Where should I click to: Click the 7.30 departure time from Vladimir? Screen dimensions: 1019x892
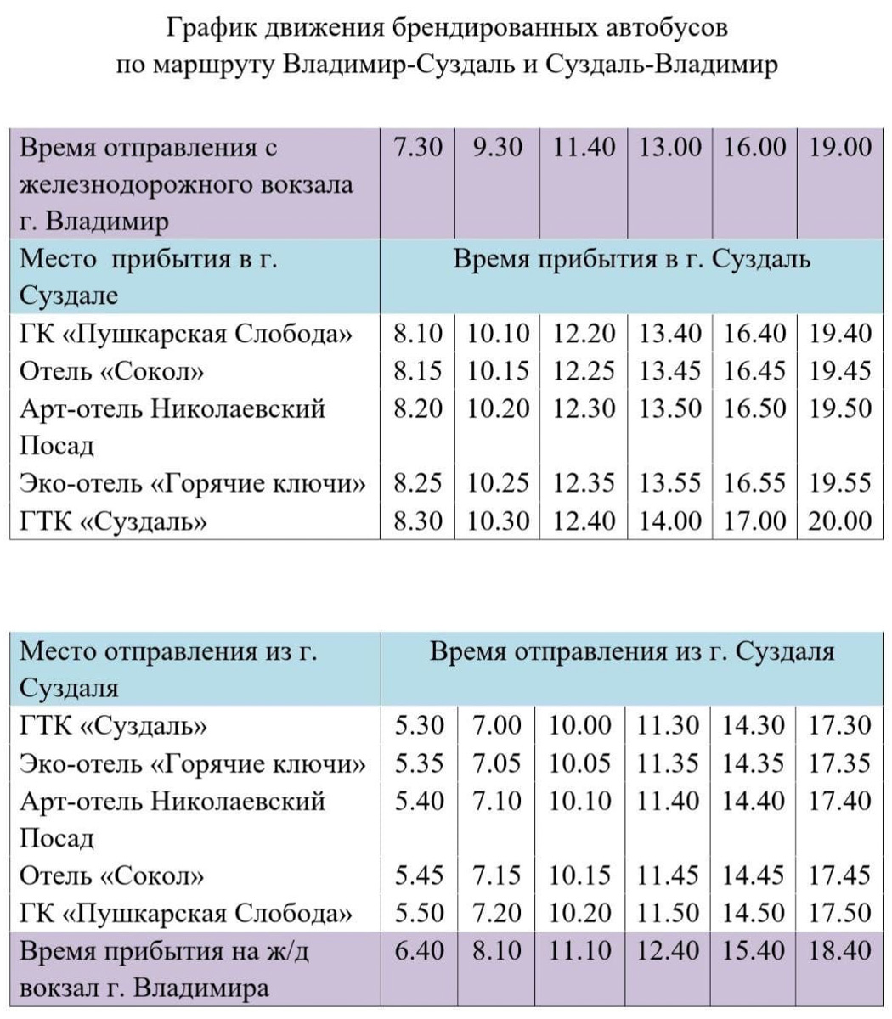(418, 148)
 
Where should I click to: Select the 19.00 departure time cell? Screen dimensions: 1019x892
(840, 148)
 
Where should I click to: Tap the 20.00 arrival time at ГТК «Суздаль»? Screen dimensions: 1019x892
(840, 521)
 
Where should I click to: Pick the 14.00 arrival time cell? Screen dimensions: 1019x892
(670, 521)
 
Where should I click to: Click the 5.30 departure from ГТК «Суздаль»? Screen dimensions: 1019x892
(420, 726)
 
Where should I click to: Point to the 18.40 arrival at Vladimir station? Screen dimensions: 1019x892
(840, 950)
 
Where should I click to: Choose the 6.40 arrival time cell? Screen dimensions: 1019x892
(420, 950)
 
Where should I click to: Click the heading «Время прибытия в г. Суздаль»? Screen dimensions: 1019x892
(631, 259)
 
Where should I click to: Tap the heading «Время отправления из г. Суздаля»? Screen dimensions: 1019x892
(632, 652)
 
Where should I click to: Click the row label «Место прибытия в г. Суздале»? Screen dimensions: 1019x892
(149, 277)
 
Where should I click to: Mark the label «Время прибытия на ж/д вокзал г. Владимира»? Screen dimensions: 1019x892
(165, 969)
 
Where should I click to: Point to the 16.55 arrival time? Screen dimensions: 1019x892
(755, 483)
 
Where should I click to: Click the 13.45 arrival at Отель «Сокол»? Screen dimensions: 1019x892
(670, 371)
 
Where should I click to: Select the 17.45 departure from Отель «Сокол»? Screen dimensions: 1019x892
(840, 875)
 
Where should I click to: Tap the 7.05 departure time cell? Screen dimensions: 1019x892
(497, 763)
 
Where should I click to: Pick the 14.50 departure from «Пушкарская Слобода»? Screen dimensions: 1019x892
(754, 913)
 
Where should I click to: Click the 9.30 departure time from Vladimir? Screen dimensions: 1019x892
(497, 148)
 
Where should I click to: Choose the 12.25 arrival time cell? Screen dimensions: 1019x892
(584, 371)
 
